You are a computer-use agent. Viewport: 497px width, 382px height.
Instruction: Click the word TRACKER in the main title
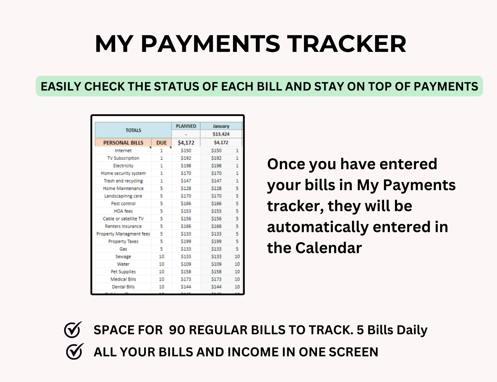[x=347, y=44]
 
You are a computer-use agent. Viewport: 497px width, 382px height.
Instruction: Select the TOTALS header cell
[x=133, y=130]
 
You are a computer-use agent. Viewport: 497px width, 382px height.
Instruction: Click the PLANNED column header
[x=186, y=126]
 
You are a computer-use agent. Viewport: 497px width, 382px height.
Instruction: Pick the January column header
[x=221, y=126]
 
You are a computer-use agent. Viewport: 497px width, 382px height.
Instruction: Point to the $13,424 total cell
[x=221, y=134]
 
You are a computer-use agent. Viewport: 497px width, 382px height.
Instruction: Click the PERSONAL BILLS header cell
[x=123, y=143]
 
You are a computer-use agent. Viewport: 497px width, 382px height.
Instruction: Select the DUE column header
[x=162, y=143]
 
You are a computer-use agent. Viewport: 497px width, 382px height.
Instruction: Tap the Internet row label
[x=123, y=151]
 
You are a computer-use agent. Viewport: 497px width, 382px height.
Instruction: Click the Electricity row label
[x=123, y=166]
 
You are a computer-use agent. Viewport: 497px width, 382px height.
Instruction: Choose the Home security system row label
[x=123, y=173]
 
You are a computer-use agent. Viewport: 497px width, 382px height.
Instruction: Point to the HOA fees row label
[x=123, y=211]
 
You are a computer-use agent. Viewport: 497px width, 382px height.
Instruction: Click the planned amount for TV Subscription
[x=186, y=158]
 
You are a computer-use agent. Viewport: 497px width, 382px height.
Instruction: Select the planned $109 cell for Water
[x=186, y=264]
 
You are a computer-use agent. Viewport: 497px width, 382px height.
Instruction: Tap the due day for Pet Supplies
[x=162, y=272]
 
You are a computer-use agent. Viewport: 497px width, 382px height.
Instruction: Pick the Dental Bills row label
[x=123, y=287]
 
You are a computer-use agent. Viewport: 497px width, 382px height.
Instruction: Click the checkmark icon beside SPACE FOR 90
[x=73, y=330]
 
